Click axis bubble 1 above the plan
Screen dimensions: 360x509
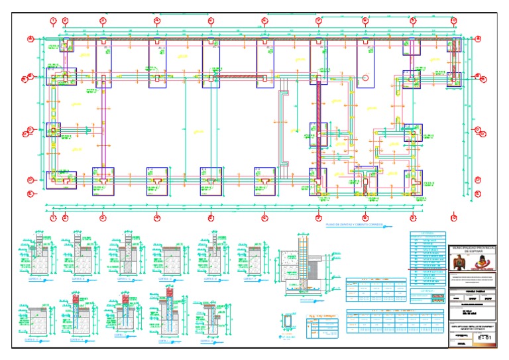pos(52,21)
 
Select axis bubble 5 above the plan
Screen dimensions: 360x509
pos(211,21)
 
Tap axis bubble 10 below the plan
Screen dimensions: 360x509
pos(453,217)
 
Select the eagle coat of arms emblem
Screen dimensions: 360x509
pos(457,263)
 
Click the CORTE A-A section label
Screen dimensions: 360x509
pos(32,280)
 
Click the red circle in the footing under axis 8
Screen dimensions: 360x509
pos(365,78)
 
